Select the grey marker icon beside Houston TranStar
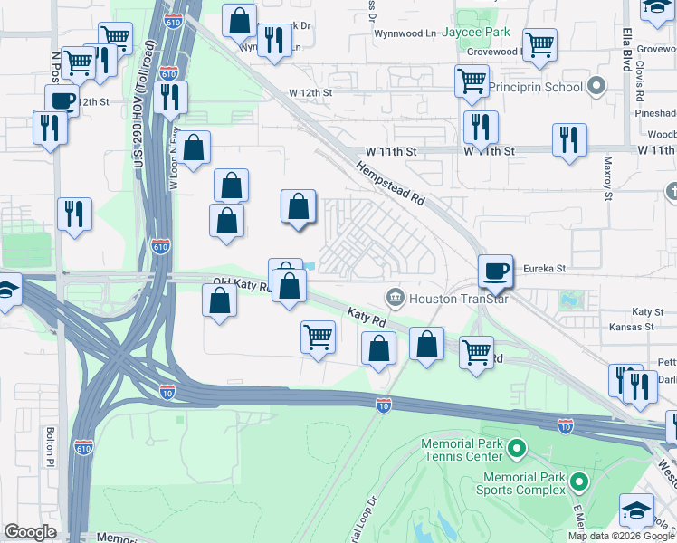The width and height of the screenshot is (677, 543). (395, 297)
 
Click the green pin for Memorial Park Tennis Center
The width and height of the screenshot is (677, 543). (517, 448)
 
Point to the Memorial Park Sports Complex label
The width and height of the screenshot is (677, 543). (526, 483)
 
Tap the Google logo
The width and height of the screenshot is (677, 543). (30, 532)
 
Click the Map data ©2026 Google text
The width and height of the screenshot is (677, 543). (621, 536)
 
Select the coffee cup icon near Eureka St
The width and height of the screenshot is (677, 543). (496, 271)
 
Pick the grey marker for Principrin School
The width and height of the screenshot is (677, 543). (596, 87)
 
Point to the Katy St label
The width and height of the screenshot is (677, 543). (648, 310)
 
